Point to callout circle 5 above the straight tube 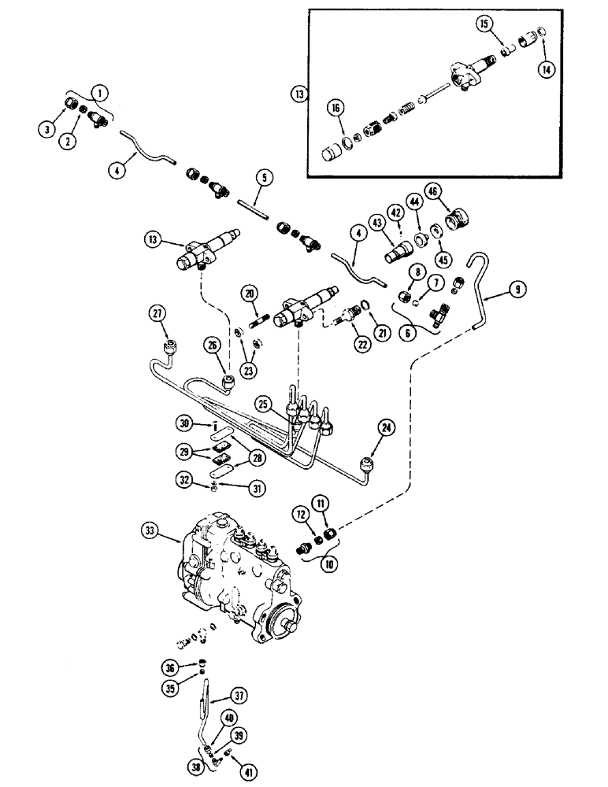(x=265, y=177)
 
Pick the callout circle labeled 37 (x=240, y=694)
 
